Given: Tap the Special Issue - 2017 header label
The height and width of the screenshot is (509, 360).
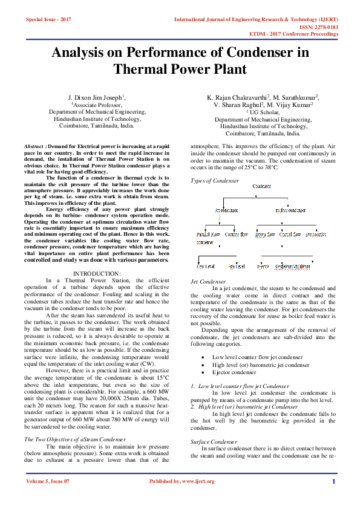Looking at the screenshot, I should point(48,20).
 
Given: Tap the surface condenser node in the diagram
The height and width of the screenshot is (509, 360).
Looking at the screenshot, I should point(290,210).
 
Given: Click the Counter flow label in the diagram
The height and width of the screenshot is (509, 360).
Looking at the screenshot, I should point(236,234).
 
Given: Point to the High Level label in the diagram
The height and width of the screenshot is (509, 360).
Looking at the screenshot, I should point(236,266).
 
